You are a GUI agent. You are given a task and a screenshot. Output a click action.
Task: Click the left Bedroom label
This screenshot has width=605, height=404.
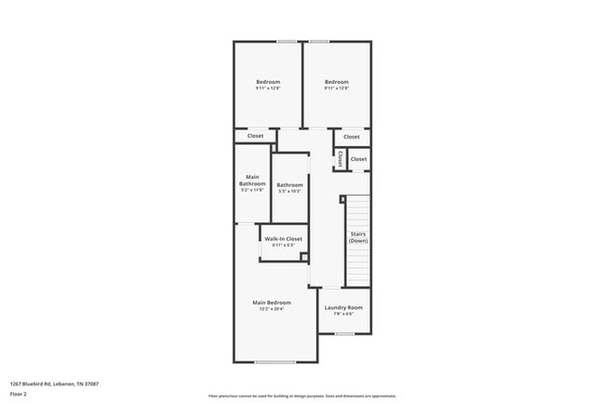tap(268, 82)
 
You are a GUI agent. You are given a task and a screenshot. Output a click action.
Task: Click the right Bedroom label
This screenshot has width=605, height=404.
tap(336, 82)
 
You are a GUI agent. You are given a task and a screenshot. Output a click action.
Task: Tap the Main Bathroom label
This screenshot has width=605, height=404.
tap(252, 181)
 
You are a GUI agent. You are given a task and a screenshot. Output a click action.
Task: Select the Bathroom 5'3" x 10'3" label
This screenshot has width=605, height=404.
tap(289, 185)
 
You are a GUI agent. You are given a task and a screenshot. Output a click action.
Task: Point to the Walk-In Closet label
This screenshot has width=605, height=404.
tap(283, 239)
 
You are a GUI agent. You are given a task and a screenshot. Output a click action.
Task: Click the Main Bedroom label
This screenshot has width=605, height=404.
tap(272, 303)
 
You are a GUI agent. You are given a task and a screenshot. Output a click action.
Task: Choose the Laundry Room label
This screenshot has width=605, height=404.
tap(343, 307)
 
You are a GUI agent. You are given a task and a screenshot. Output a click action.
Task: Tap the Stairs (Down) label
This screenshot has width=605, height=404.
tap(358, 237)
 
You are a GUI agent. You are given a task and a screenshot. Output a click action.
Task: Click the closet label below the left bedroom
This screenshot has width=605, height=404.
tap(256, 136)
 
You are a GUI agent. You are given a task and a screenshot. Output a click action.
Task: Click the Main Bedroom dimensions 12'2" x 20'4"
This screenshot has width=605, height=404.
tap(272, 309)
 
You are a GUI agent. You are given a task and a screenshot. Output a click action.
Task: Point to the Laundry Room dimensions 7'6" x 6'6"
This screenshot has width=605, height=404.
tap(343, 314)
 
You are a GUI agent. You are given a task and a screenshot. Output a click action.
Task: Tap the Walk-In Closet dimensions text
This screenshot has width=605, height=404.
tap(283, 246)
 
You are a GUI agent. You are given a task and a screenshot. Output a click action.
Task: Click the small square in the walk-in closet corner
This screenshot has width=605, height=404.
tap(304, 256)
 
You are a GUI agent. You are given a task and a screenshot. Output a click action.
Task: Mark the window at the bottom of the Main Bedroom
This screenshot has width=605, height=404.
tap(276, 362)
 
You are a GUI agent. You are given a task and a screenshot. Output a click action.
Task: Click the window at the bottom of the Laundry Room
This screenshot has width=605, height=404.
tap(344, 333)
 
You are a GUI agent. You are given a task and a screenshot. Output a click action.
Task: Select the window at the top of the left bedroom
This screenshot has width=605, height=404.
tap(287, 41)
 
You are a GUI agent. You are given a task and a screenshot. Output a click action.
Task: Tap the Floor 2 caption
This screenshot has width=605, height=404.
tap(20, 394)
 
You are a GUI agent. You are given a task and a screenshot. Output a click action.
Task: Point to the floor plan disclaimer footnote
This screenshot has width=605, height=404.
tap(288, 394)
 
